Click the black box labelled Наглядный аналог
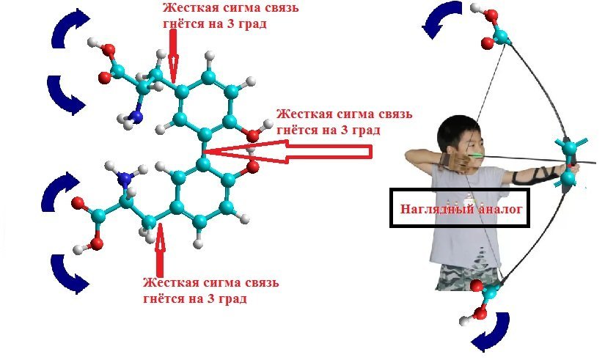click(462, 208)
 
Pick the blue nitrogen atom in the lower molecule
click(125, 178)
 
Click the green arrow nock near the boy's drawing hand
click(474, 155)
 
